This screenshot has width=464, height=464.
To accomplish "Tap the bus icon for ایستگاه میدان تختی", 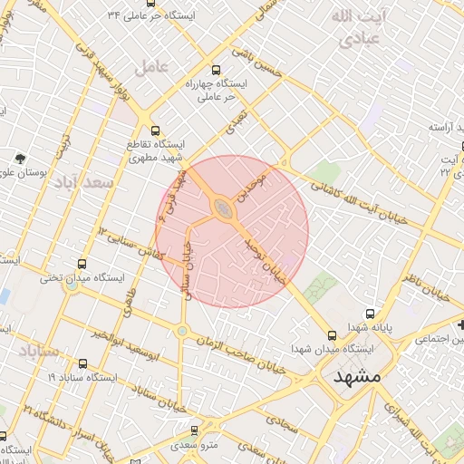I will click(82, 264).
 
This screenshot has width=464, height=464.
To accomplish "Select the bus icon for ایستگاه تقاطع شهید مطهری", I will click(155, 130).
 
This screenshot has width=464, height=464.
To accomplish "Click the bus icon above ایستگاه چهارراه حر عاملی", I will click(215, 70).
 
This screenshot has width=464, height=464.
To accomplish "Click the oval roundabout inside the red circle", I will click(222, 210).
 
